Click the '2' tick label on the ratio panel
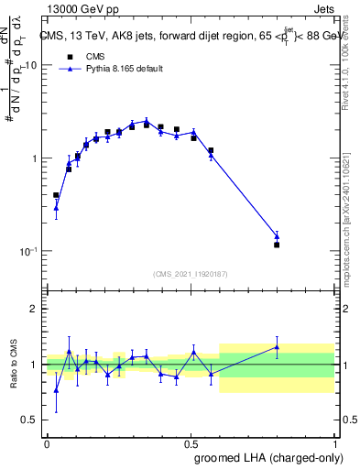[36, 310]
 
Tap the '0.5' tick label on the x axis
[191, 442]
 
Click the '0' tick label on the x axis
[47, 442]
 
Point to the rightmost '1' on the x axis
[334, 442]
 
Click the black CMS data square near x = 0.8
[277, 245]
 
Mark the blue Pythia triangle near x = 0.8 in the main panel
[277, 236]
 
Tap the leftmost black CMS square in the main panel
[56, 195]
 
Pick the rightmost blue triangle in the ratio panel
[277, 347]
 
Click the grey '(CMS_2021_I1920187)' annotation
[190, 273]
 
